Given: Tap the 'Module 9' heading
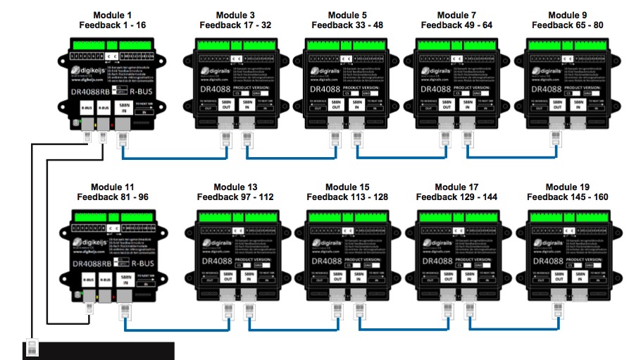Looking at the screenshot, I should coord(568,15).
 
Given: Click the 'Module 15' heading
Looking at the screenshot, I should coord(347,187).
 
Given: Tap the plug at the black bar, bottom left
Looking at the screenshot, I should coord(32,348).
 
